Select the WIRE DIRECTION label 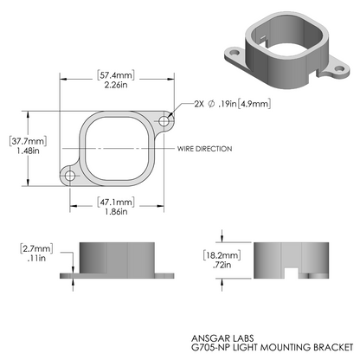tap(206, 149)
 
